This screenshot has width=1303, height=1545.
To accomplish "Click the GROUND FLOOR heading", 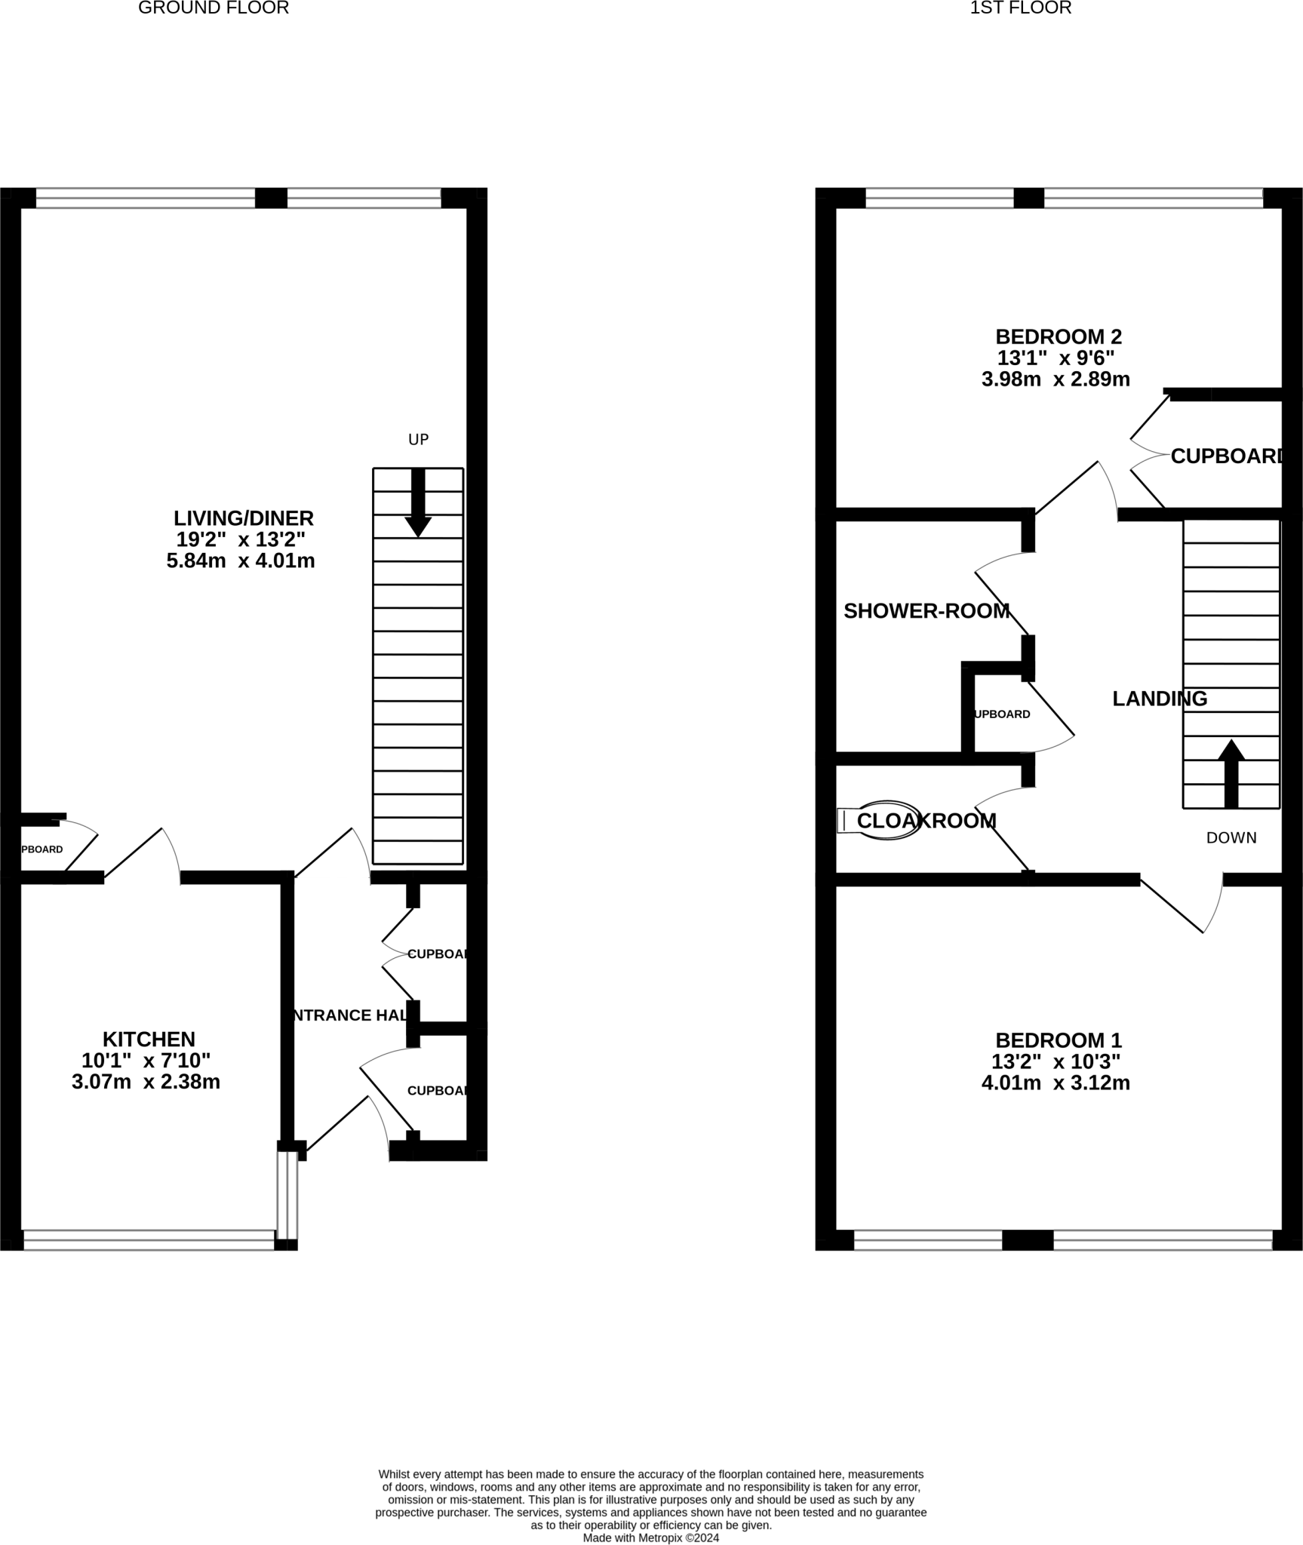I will coord(214,8).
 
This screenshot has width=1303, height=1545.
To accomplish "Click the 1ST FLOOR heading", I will coord(1020,8).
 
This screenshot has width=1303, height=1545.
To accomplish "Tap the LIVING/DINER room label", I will coord(243,518).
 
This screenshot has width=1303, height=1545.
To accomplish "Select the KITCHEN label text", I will coord(149,1039).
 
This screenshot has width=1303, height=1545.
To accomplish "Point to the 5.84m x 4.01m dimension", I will coord(241,561).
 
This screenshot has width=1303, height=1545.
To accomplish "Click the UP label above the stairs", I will coord(418,439).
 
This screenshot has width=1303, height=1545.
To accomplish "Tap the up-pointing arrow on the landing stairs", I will coord(1231,772).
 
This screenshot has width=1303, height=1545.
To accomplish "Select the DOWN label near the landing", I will coord(1231,837).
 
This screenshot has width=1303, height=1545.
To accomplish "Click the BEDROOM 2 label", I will coord(1058,336).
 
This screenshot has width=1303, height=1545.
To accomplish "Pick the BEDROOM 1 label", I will coord(1058,1040).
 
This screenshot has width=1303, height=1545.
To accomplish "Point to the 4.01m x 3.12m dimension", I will coord(1055,1083).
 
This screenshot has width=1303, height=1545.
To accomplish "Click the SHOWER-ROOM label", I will coord(926,611).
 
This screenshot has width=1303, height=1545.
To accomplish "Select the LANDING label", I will coord(1159,699).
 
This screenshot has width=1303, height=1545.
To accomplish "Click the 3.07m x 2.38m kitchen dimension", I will coord(146,1082).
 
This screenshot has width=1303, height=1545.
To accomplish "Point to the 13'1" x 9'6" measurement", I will coord(1056,358).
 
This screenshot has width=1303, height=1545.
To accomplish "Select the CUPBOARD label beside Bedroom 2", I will coord(1226,456).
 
